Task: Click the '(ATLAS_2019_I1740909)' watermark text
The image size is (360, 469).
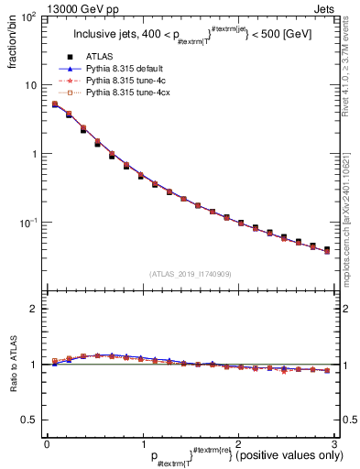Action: [190, 274]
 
